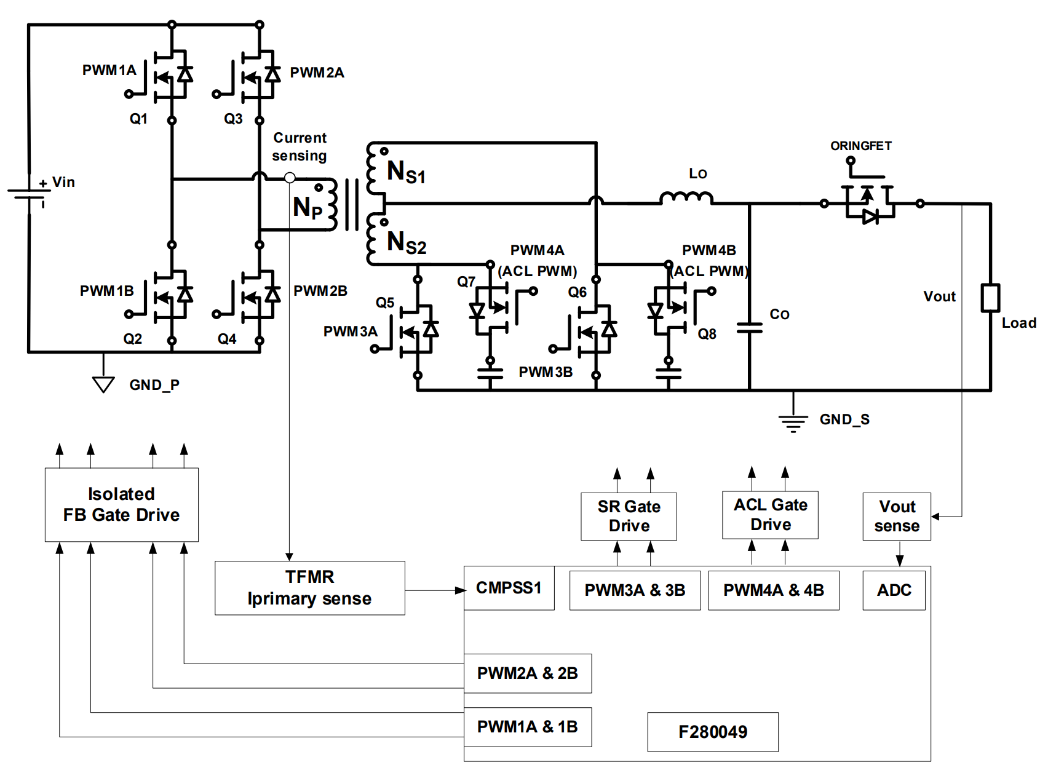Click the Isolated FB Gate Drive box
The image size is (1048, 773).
pyautogui.click(x=121, y=504)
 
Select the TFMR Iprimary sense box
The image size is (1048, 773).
pyautogui.click(x=309, y=588)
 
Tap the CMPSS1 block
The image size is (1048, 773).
pyautogui.click(x=509, y=588)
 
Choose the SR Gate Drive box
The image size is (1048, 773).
pyautogui.click(x=629, y=517)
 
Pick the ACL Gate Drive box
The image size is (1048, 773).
pyautogui.click(x=770, y=515)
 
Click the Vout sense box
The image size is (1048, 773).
pyautogui.click(x=897, y=517)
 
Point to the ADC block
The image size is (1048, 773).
pyautogui.click(x=894, y=590)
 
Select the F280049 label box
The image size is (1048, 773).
pyautogui.click(x=713, y=732)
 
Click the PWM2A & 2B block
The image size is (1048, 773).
pyautogui.click(x=528, y=673)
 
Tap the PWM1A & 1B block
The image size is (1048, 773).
pyautogui.click(x=528, y=727)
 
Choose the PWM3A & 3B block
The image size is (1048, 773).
pyautogui.click(x=635, y=590)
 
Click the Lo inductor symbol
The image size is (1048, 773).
pyautogui.click(x=686, y=197)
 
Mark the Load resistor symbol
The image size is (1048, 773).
pyautogui.click(x=990, y=298)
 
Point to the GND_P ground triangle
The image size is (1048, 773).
pyautogui.click(x=103, y=384)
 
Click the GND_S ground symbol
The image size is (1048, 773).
pyautogui.click(x=793, y=422)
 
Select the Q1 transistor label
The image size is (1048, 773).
pyautogui.click(x=138, y=119)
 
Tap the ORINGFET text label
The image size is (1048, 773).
pyautogui.click(x=860, y=146)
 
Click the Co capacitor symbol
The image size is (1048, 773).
pyautogui.click(x=749, y=328)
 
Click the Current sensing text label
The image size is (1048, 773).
pyautogui.click(x=300, y=146)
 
